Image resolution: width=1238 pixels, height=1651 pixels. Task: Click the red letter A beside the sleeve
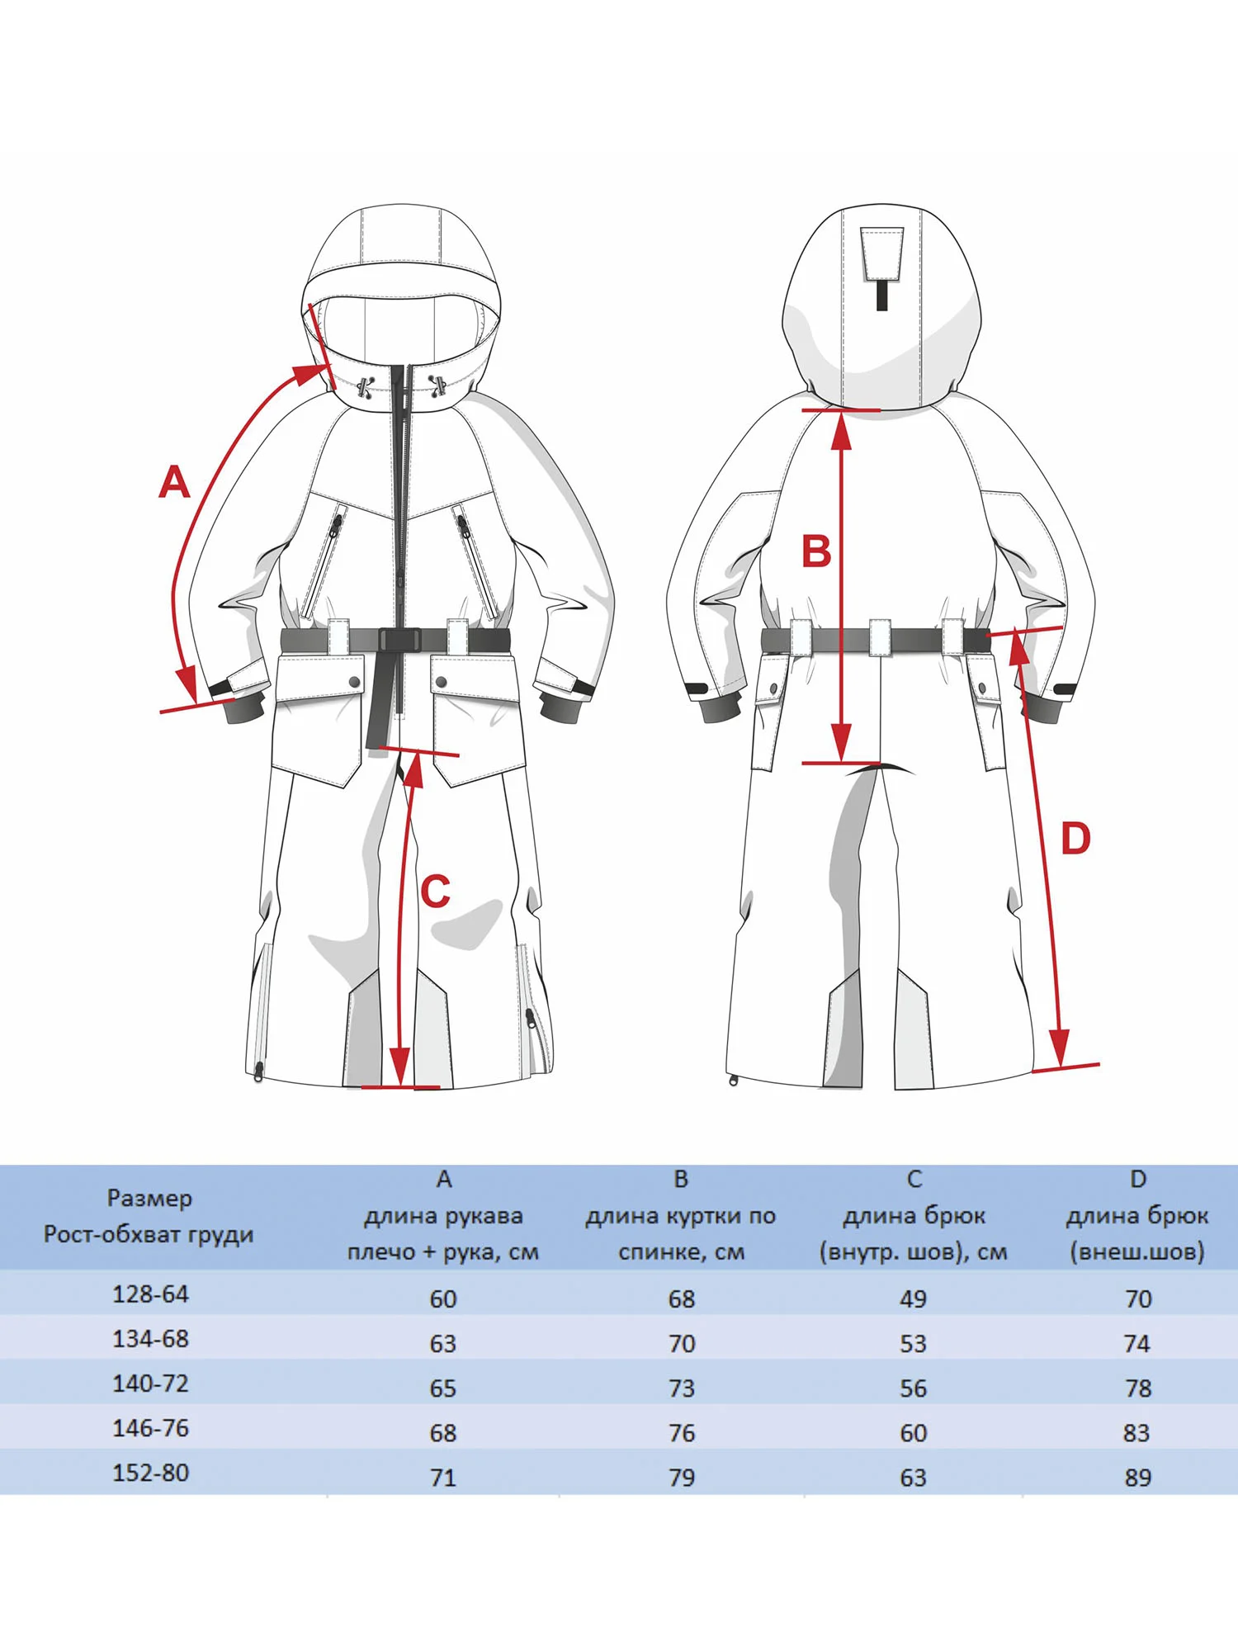pos(174,481)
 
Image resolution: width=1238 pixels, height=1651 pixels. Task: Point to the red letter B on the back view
pos(816,551)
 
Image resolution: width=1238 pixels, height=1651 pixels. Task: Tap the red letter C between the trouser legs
pos(435,892)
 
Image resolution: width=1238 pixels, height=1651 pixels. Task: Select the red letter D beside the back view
pos(1075,839)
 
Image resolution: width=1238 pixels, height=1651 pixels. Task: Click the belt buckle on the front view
pos(400,640)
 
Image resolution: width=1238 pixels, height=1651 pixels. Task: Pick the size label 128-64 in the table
pos(150,1294)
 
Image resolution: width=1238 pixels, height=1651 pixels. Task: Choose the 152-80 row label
pos(150,1473)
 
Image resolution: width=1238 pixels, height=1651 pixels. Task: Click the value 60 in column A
pos(443,1299)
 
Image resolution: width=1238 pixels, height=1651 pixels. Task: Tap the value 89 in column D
pos(1137,1478)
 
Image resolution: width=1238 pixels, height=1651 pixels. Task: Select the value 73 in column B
pos(682,1388)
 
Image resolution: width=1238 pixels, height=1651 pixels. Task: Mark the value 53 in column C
pos(913,1343)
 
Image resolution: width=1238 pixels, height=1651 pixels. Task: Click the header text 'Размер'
pos(149,1199)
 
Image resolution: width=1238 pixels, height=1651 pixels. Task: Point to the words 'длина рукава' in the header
pos(443,1216)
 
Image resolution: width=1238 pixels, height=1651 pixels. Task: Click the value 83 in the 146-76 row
pos(1136,1433)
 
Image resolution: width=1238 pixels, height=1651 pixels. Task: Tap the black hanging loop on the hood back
pos(881,295)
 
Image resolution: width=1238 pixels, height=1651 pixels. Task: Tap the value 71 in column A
pos(443,1478)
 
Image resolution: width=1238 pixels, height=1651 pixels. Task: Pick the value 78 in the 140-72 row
pos(1137,1388)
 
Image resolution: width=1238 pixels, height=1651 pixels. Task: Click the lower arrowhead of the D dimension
pos(1058,1048)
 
